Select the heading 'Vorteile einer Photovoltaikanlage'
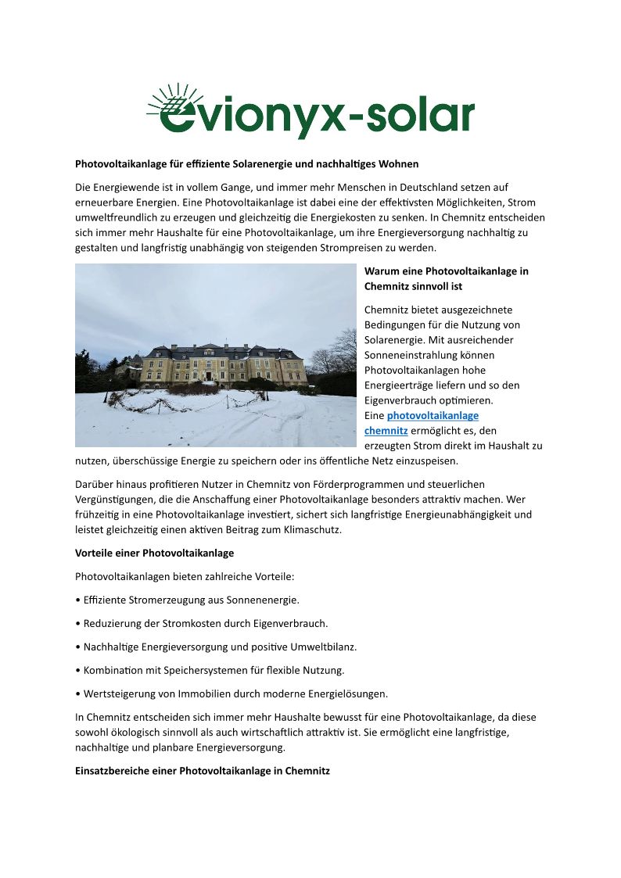click(154, 553)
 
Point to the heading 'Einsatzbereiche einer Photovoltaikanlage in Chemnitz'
click(203, 771)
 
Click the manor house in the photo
click(223, 364)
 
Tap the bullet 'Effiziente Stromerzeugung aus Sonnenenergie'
click(188, 600)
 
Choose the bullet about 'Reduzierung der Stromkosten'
click(202, 623)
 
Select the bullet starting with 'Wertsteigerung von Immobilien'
click(232, 693)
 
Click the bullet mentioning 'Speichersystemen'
click(210, 670)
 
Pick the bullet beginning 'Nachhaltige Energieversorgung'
click(216, 647)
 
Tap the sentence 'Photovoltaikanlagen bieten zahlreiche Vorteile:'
click(185, 576)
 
